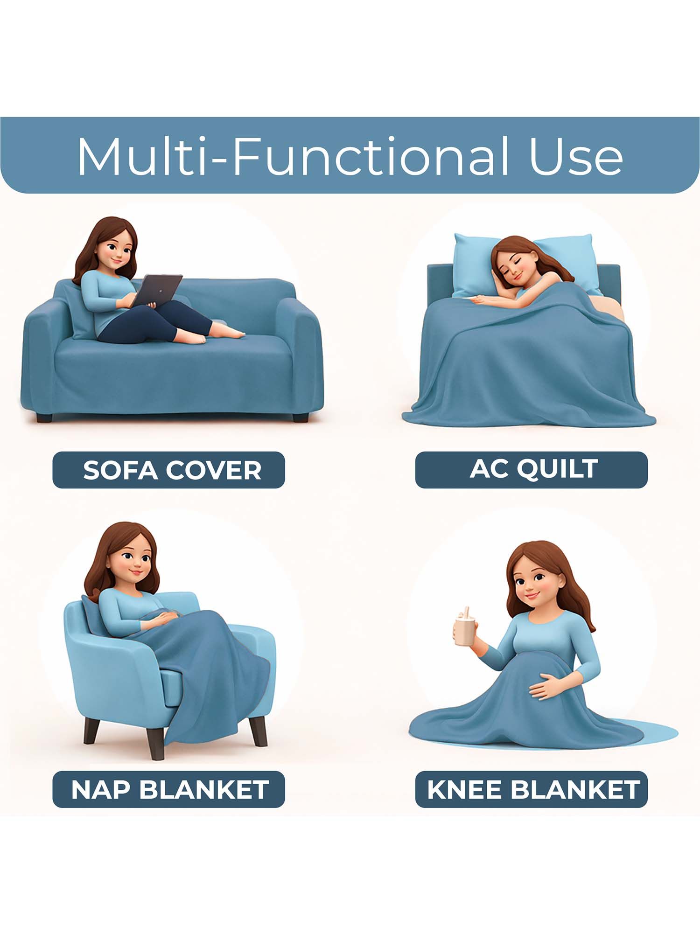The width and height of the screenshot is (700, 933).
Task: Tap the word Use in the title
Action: point(576,156)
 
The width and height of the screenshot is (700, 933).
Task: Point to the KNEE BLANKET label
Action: point(532,789)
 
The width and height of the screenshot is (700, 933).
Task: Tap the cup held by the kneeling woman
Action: point(465,629)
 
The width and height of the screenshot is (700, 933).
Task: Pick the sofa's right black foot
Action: point(301,418)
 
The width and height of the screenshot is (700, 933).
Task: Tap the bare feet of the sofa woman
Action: point(219,333)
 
